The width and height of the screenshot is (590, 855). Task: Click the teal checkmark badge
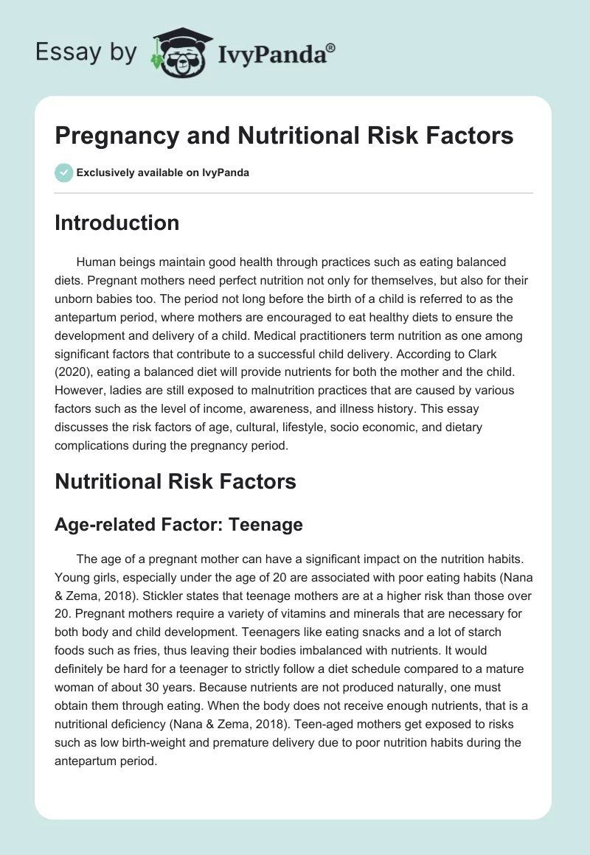point(64,172)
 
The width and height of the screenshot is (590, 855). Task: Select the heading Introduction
point(117,223)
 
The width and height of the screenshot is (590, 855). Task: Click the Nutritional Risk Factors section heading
point(176,481)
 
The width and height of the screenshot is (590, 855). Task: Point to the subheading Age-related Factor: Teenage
point(178,524)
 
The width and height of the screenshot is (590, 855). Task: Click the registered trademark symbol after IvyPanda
point(331,48)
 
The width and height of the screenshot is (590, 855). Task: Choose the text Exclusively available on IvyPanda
point(163,173)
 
